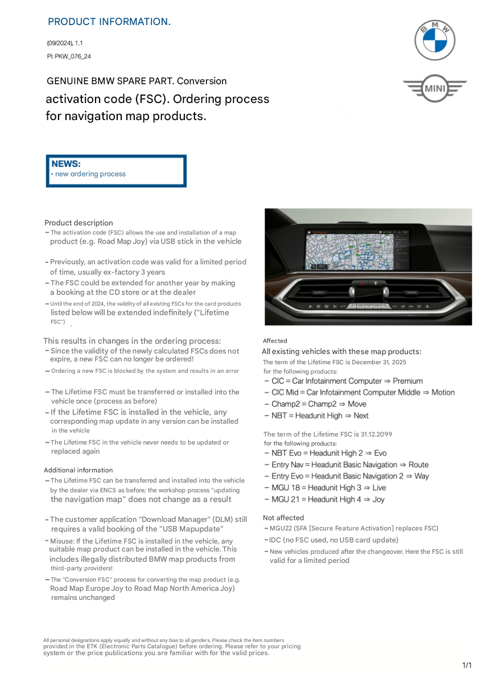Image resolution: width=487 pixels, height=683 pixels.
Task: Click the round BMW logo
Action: pyautogui.click(x=435, y=40)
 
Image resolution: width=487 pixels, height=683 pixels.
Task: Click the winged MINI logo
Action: pyautogui.click(x=435, y=89)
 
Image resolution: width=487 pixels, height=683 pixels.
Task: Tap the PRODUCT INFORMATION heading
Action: pyautogui.click(x=109, y=22)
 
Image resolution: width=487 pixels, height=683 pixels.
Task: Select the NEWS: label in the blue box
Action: pyautogui.click(x=66, y=164)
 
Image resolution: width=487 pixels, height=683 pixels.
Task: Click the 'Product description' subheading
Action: pyautogui.click(x=79, y=223)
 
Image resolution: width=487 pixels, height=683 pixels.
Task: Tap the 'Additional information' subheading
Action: pyautogui.click(x=78, y=470)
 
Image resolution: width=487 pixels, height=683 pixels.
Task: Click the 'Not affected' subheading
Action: pyautogui.click(x=283, y=518)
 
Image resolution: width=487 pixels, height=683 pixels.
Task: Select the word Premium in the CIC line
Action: pyautogui.click(x=408, y=381)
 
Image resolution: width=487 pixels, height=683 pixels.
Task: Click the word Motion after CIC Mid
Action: pyautogui.click(x=443, y=392)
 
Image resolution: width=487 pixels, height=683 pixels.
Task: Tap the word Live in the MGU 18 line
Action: pyautogui.click(x=379, y=488)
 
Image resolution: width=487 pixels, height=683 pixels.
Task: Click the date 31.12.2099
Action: pyautogui.click(x=373, y=434)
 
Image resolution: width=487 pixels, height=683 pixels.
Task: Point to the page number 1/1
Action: pyautogui.click(x=467, y=665)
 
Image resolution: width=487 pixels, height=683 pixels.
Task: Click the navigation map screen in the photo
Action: pyautogui.click(x=357, y=249)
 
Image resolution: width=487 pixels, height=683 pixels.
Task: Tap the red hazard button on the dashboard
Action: pyautogui.click(x=362, y=282)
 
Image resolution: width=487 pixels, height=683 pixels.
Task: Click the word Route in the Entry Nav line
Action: pyautogui.click(x=418, y=465)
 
